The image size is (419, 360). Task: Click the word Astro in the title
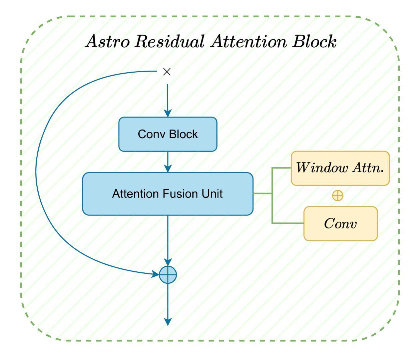107,42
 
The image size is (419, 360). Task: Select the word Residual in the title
170,41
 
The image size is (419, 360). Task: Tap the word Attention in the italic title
248,41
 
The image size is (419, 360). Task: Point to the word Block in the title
314,41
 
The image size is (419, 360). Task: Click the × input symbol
167,72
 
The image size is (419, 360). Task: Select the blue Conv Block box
168,134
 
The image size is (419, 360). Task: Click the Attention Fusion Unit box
168,194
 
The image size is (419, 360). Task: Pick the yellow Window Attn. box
340,168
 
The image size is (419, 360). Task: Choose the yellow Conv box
340,223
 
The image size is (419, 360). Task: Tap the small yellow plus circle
338,195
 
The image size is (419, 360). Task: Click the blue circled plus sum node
168,275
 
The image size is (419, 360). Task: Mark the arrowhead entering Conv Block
168,113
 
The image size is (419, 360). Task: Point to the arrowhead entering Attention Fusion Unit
168,169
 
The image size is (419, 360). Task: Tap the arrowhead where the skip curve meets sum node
156,274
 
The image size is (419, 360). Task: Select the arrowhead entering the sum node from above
168,262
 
